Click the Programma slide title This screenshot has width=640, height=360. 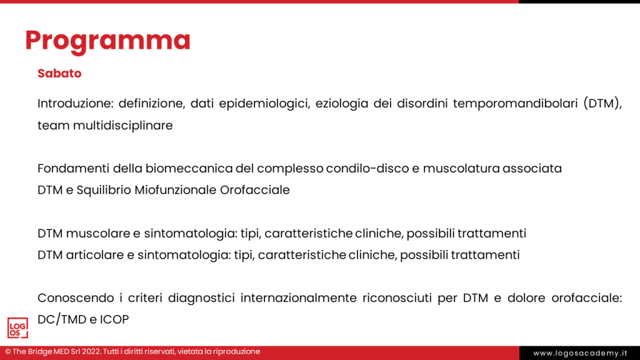coord(107,41)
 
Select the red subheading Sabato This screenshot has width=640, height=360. coord(59,74)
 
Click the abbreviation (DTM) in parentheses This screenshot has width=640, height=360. coord(603,103)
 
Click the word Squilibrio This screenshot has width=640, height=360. coord(103,190)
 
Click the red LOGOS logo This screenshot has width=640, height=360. coord(17,328)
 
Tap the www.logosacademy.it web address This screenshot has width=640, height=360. coord(579,353)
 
